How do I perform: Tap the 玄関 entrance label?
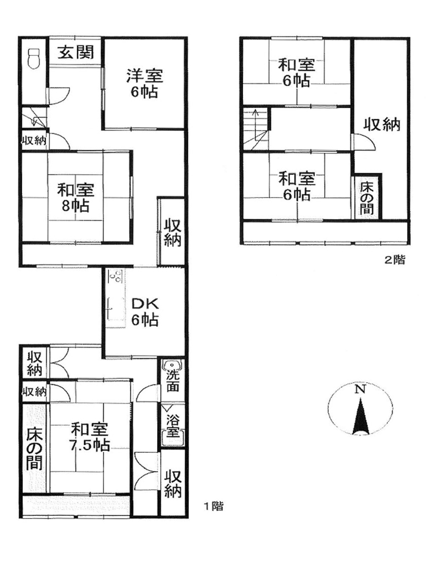(x=77, y=52)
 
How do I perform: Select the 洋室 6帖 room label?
(x=145, y=83)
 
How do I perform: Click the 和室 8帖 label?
(x=76, y=198)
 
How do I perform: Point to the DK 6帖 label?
(x=145, y=311)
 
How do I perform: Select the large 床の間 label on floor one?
(x=34, y=449)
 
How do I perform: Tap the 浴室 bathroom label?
(x=173, y=422)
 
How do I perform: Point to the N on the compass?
(x=359, y=390)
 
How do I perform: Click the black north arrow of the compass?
(x=360, y=417)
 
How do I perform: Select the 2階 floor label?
(x=395, y=260)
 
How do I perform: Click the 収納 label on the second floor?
(x=382, y=125)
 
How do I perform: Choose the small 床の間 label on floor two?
(x=367, y=198)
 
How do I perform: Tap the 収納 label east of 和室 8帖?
(x=172, y=233)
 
